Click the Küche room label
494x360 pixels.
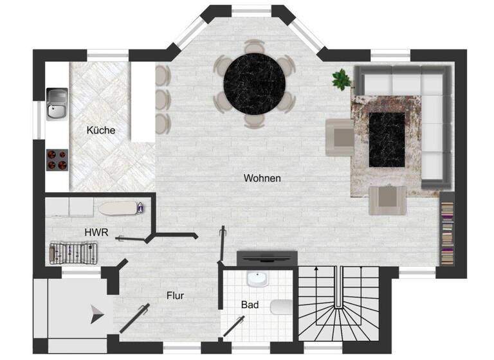click(101, 130)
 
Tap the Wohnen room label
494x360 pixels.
click(262, 178)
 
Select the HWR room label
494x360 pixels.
click(96, 232)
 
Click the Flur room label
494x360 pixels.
click(175, 296)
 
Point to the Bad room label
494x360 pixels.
click(250, 305)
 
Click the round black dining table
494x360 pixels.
click(254, 82)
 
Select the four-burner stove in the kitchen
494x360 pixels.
click(58, 159)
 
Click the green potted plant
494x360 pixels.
click(341, 80)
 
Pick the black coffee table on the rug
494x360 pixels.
click(387, 139)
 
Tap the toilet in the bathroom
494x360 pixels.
click(282, 307)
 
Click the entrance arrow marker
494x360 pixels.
click(97, 315)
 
